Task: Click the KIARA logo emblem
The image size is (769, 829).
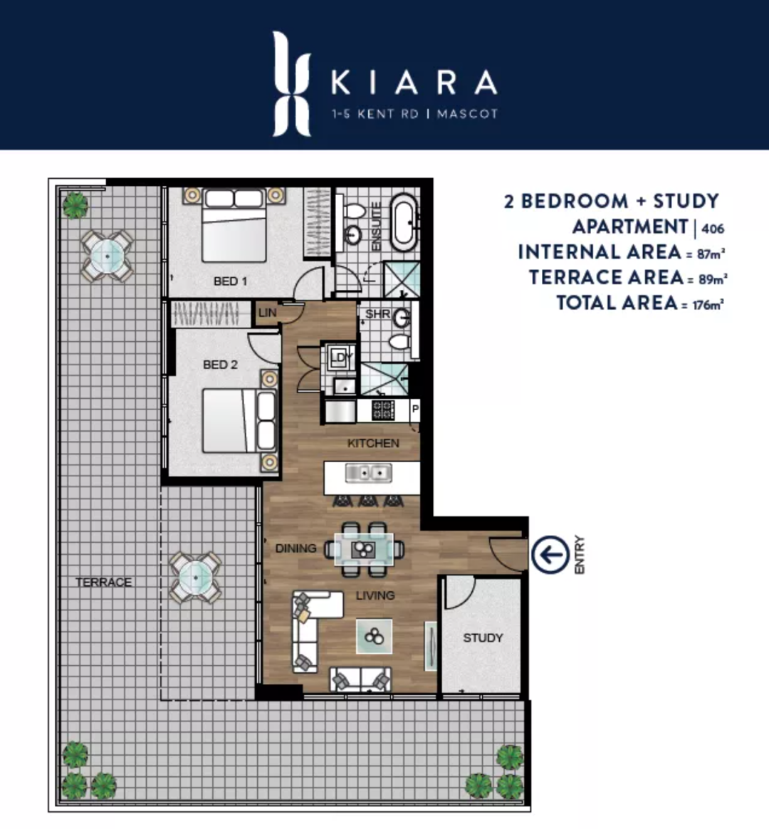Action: click(291, 83)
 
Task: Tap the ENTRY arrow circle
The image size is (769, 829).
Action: click(550, 555)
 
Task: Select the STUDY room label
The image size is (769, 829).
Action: click(483, 638)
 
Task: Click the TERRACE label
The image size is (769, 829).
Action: click(103, 582)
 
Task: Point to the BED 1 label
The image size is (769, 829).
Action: click(231, 281)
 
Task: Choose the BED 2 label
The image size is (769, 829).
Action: click(221, 365)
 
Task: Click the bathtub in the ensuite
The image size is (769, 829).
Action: click(404, 222)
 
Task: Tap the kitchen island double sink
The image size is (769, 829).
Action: click(368, 473)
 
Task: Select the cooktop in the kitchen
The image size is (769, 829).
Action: click(383, 410)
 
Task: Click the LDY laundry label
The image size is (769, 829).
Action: click(341, 358)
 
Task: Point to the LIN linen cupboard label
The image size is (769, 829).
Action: click(268, 313)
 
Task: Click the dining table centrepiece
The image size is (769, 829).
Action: click(364, 549)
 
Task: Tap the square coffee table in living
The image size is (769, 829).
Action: click(375, 636)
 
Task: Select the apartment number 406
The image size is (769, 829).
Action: click(713, 229)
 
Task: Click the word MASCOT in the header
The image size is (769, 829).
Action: click(467, 114)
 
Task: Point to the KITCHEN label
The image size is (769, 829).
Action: click(373, 444)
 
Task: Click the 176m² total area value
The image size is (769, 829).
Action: click(708, 305)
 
